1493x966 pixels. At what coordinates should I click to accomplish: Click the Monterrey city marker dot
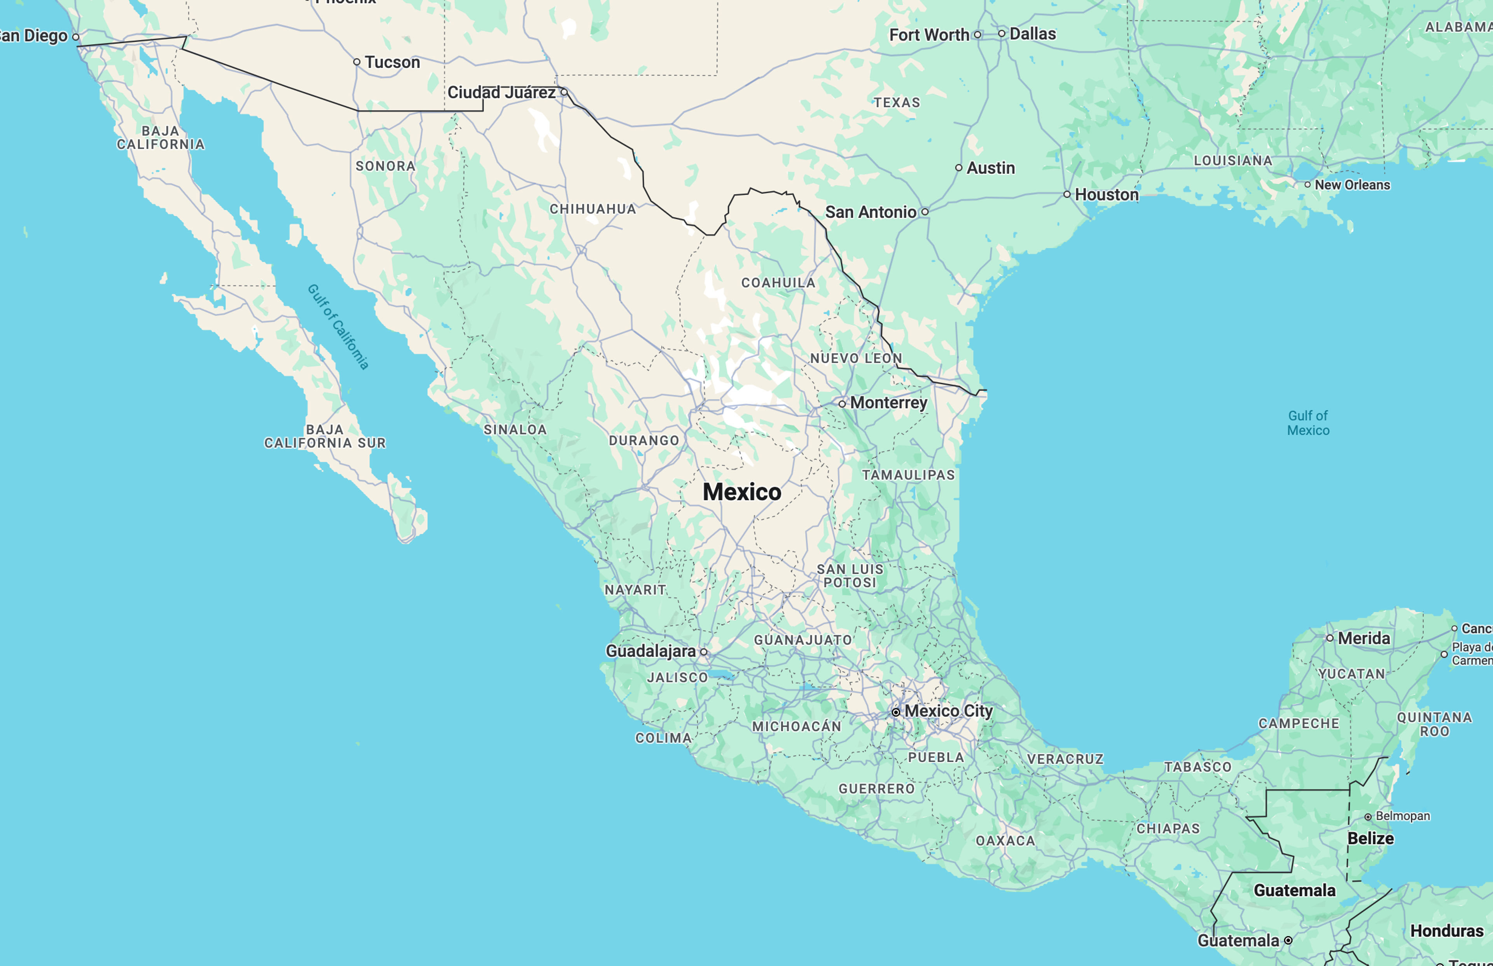[842, 404]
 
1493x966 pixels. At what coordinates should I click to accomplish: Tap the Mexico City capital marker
[896, 712]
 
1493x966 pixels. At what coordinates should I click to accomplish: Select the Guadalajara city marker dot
[704, 652]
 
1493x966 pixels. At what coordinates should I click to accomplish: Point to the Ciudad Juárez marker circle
[564, 92]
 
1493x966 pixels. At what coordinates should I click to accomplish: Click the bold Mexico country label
[742, 492]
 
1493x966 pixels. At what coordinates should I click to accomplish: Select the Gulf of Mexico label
[1308, 423]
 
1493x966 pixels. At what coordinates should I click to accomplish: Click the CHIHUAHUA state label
[593, 209]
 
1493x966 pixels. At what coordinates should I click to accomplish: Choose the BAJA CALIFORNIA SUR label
[325, 437]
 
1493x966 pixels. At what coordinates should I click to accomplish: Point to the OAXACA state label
[1005, 840]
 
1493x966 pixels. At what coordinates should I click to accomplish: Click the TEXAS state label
[897, 102]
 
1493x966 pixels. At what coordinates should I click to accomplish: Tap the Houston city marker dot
[1066, 194]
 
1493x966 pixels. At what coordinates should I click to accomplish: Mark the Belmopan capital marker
[1367, 817]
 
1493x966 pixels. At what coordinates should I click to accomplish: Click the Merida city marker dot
[1329, 638]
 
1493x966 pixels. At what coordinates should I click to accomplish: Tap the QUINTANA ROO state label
[1434, 724]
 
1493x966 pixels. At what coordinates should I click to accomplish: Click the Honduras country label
[1447, 931]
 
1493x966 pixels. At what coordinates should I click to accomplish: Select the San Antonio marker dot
[924, 212]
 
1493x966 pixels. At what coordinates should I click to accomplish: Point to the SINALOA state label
[515, 430]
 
